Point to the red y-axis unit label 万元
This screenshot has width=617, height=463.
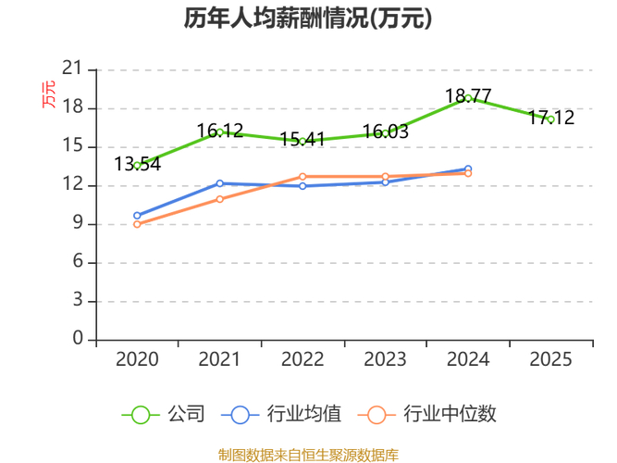pyautogui.click(x=48, y=94)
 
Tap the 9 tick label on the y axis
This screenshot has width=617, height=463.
pyautogui.click(x=78, y=224)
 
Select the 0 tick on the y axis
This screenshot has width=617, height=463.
pyautogui.click(x=78, y=340)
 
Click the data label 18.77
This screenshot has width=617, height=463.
pyautogui.click(x=468, y=95)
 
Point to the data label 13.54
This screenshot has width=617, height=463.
pyautogui.click(x=137, y=164)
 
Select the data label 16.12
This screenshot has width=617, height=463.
pyautogui.click(x=220, y=131)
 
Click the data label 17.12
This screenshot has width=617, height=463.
pyautogui.click(x=551, y=118)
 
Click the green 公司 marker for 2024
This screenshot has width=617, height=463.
pyautogui.click(x=469, y=98)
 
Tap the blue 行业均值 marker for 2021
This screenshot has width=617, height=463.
pyautogui.click(x=220, y=183)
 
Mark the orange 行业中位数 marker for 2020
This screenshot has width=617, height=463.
pyautogui.click(x=137, y=224)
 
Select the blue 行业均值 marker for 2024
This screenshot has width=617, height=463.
pyautogui.click(x=469, y=169)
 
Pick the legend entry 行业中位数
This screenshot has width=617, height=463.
pyautogui.click(x=433, y=414)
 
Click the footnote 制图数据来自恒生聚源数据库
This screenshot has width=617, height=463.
pyautogui.click(x=308, y=455)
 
